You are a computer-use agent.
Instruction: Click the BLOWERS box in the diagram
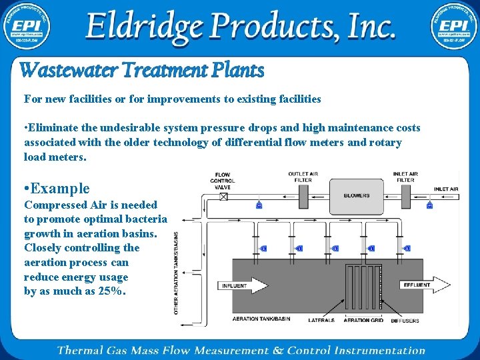357,196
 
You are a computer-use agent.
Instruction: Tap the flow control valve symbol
223,197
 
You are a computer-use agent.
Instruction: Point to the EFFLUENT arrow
424,285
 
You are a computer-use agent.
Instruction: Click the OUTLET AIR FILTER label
303,177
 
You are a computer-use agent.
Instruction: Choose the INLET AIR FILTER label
405,177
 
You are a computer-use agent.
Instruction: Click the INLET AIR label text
445,189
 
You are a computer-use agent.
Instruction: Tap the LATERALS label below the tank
321,321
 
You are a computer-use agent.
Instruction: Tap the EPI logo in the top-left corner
27,27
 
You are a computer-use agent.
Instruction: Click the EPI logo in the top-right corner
453,27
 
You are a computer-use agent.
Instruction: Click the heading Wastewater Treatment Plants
141,70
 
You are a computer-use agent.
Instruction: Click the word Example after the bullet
60,189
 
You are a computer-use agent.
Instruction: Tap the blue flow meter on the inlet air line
429,205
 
